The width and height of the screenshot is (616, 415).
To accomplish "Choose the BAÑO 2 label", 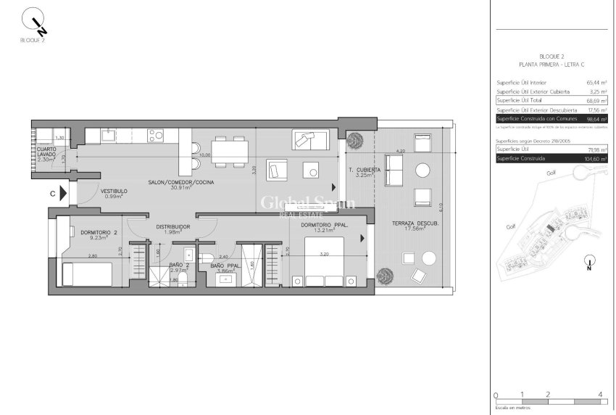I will pyautogui.click(x=178, y=266).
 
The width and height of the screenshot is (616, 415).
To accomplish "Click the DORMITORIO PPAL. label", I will pyautogui.click(x=325, y=226).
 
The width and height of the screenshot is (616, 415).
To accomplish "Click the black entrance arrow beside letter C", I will pyautogui.click(x=64, y=194).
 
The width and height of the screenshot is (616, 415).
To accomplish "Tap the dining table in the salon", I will pyautogui.click(x=230, y=150).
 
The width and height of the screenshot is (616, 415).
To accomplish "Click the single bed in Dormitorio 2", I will pyautogui.click(x=87, y=274).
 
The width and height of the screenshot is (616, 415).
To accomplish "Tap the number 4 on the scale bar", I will pyautogui.click(x=600, y=395).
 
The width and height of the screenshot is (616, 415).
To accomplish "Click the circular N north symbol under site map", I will pyautogui.click(x=591, y=262).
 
